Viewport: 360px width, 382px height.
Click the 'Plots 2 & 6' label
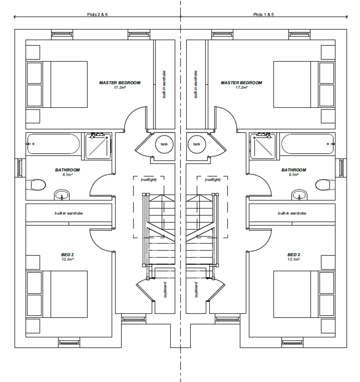97,15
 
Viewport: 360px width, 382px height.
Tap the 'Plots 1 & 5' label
263,15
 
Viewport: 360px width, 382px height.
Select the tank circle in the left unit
164,144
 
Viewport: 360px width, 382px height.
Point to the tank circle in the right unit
197,144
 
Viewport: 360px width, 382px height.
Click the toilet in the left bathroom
36,185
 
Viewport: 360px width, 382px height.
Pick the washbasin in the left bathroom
62,195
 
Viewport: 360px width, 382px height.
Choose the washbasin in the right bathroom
300,195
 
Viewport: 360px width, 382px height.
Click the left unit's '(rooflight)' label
149,180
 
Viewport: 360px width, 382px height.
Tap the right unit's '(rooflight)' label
212,180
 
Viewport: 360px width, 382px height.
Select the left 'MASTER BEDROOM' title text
120,83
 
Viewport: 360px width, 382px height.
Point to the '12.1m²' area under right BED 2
294,259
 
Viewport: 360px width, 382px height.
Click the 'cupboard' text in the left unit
165,290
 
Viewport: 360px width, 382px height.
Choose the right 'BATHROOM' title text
294,170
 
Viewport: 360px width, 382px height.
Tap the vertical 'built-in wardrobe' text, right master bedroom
196,84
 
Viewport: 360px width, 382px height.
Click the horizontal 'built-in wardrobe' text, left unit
69,213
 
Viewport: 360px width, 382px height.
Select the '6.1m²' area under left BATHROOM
67,175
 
